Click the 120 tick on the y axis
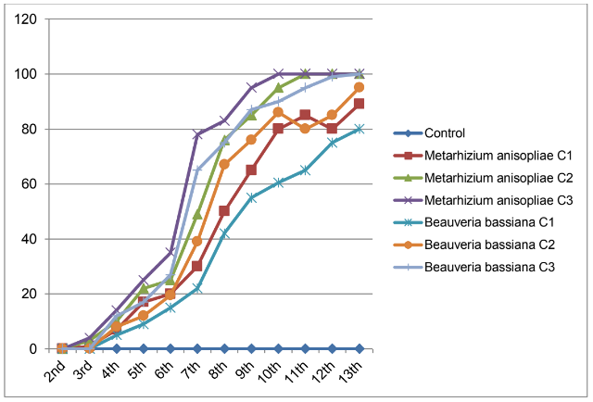click(x=26, y=19)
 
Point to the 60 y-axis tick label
click(x=30, y=184)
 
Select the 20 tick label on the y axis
click(x=30, y=295)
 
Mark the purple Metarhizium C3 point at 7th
click(x=197, y=135)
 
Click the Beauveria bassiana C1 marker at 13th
click(x=360, y=129)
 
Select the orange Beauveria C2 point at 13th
click(x=360, y=88)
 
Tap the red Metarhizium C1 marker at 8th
click(x=224, y=211)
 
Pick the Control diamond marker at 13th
click(x=360, y=348)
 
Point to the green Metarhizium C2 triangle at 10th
click(x=278, y=88)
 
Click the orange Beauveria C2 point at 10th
click(x=278, y=112)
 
